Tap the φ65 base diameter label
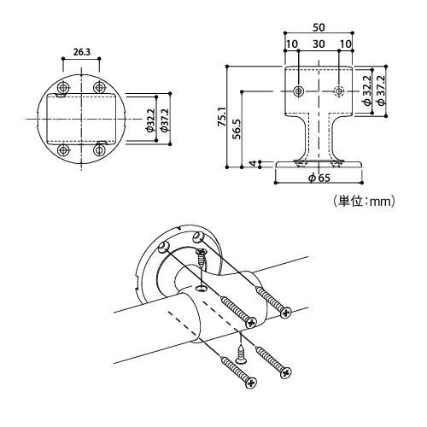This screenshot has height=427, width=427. [317, 178]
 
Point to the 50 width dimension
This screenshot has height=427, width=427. [319, 27]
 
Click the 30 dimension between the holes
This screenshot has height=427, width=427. [319, 43]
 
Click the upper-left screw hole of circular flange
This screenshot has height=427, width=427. [62, 89]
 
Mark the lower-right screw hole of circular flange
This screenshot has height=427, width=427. [100, 150]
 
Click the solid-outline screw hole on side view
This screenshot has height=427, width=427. [298, 91]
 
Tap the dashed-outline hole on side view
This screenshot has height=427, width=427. [339, 91]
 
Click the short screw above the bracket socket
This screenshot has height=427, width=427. [202, 261]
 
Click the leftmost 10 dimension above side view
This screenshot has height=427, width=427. [291, 43]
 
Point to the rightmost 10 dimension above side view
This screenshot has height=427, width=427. [346, 43]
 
